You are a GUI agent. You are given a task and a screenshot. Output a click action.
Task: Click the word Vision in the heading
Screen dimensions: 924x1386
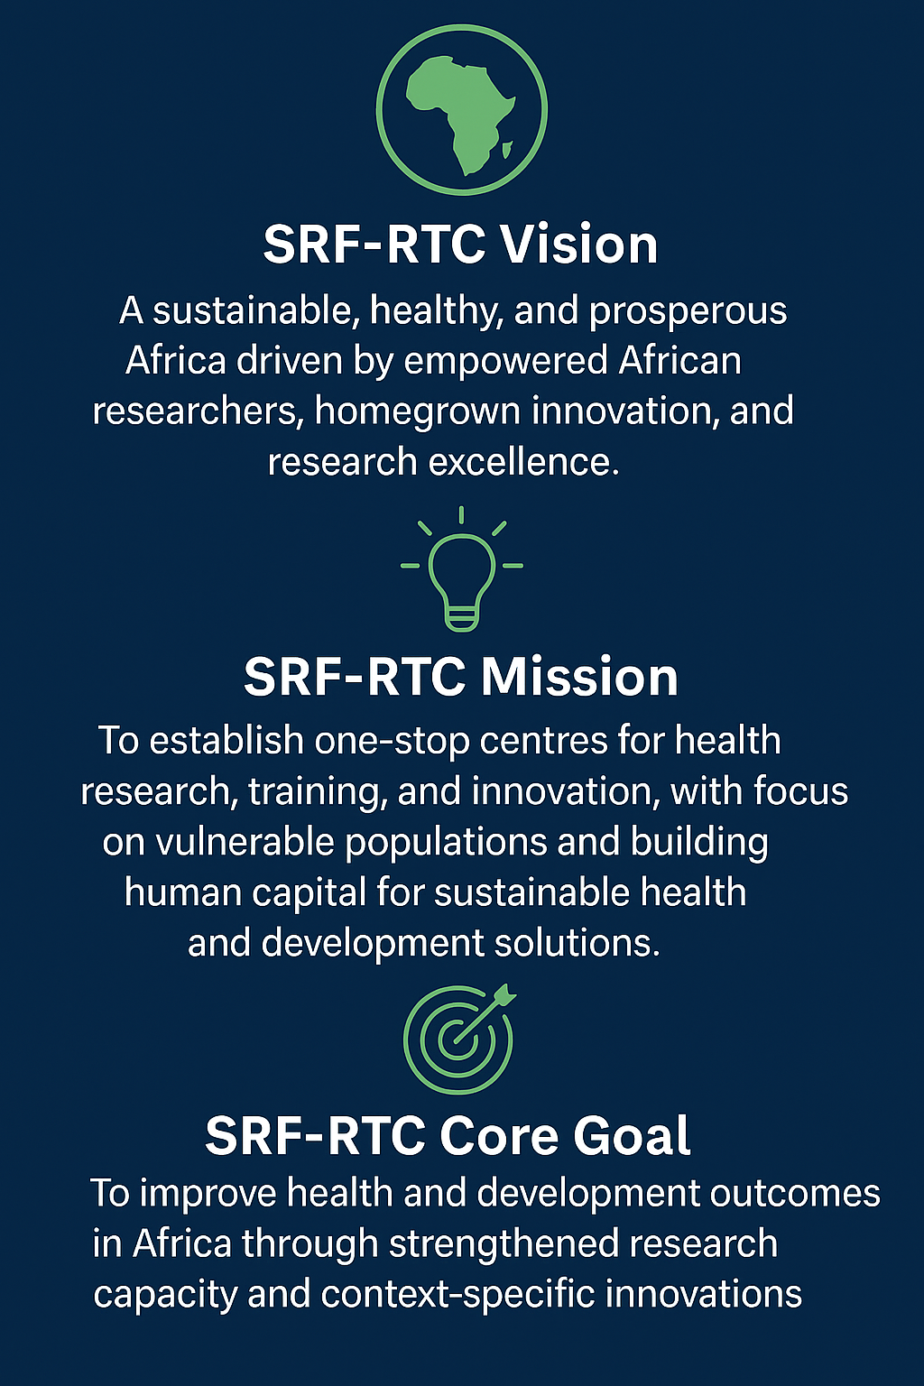point(578,245)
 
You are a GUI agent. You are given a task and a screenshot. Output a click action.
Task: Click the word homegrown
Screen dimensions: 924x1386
point(417,411)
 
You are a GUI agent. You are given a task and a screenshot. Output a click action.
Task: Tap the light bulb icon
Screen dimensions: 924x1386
point(462,569)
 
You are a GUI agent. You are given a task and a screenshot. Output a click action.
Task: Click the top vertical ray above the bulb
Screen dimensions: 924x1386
point(462,515)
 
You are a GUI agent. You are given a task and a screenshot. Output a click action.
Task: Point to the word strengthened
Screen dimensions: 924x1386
point(504,1245)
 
